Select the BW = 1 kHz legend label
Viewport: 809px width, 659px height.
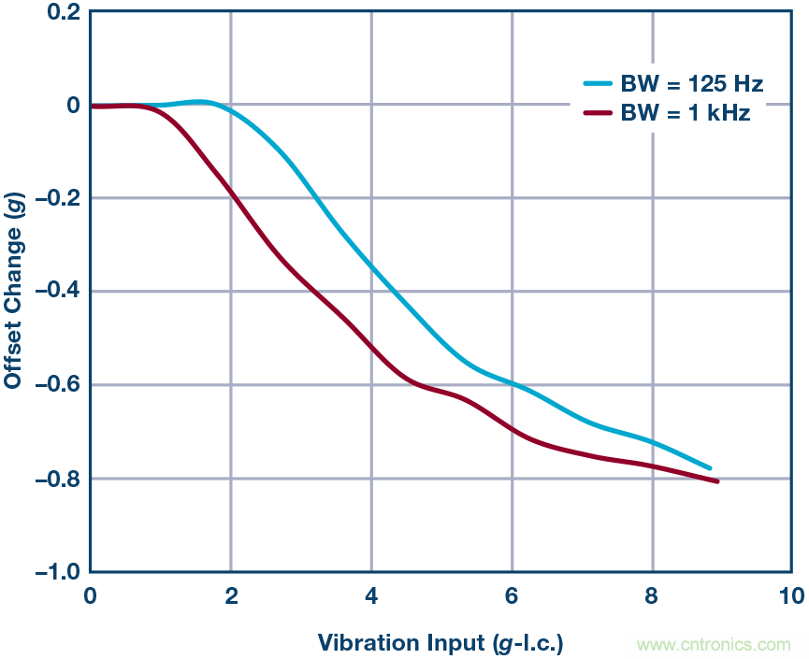pos(685,114)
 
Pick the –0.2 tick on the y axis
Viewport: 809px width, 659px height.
pos(55,198)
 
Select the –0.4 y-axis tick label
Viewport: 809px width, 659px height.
pos(55,292)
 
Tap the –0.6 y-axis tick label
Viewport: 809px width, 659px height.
pos(55,385)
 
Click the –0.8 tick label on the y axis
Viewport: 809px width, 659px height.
pos(55,479)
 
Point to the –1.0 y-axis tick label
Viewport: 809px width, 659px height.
pos(55,572)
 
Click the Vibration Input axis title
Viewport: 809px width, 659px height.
pos(441,643)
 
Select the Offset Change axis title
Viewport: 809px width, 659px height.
pos(14,292)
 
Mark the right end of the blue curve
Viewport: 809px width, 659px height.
pos(710,467)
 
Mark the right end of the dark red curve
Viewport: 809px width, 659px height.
pos(716,480)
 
